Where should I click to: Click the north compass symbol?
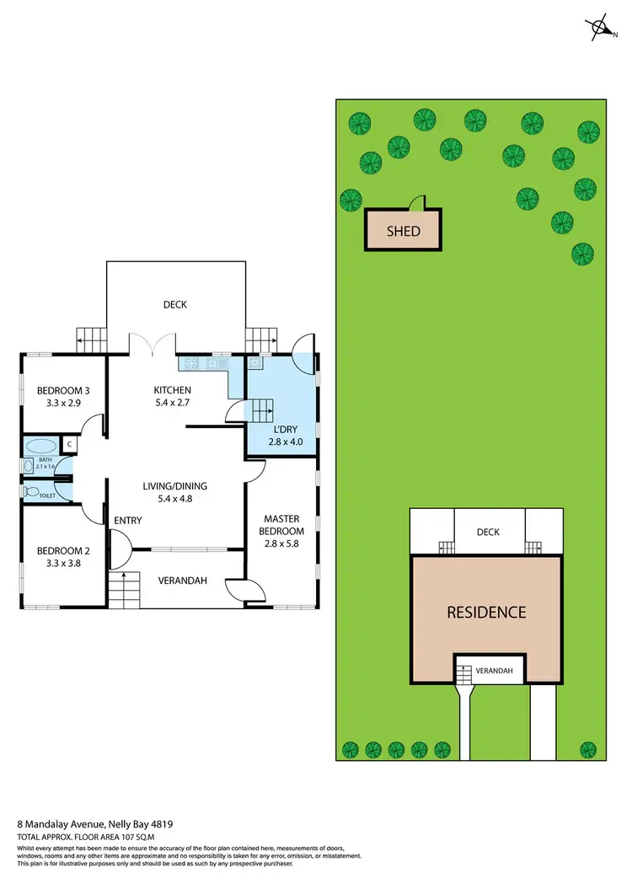(x=603, y=27)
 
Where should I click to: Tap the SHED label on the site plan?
(x=403, y=231)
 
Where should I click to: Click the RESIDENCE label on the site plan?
(x=486, y=613)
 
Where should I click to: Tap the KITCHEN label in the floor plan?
(x=173, y=396)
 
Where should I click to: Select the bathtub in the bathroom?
(x=39, y=447)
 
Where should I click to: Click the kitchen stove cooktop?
(x=190, y=364)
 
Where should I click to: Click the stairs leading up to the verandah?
(x=123, y=587)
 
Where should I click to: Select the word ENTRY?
(x=128, y=521)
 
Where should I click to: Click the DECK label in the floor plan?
(x=174, y=305)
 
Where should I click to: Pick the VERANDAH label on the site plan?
(x=493, y=672)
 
